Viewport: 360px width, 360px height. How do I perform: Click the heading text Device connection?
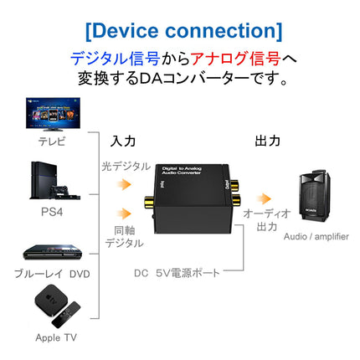(x=183, y=31)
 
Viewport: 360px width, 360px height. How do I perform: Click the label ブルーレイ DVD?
(x=51, y=273)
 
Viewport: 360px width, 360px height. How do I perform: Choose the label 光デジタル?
(x=126, y=166)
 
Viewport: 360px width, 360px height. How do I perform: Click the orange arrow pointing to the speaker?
(x=264, y=198)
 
